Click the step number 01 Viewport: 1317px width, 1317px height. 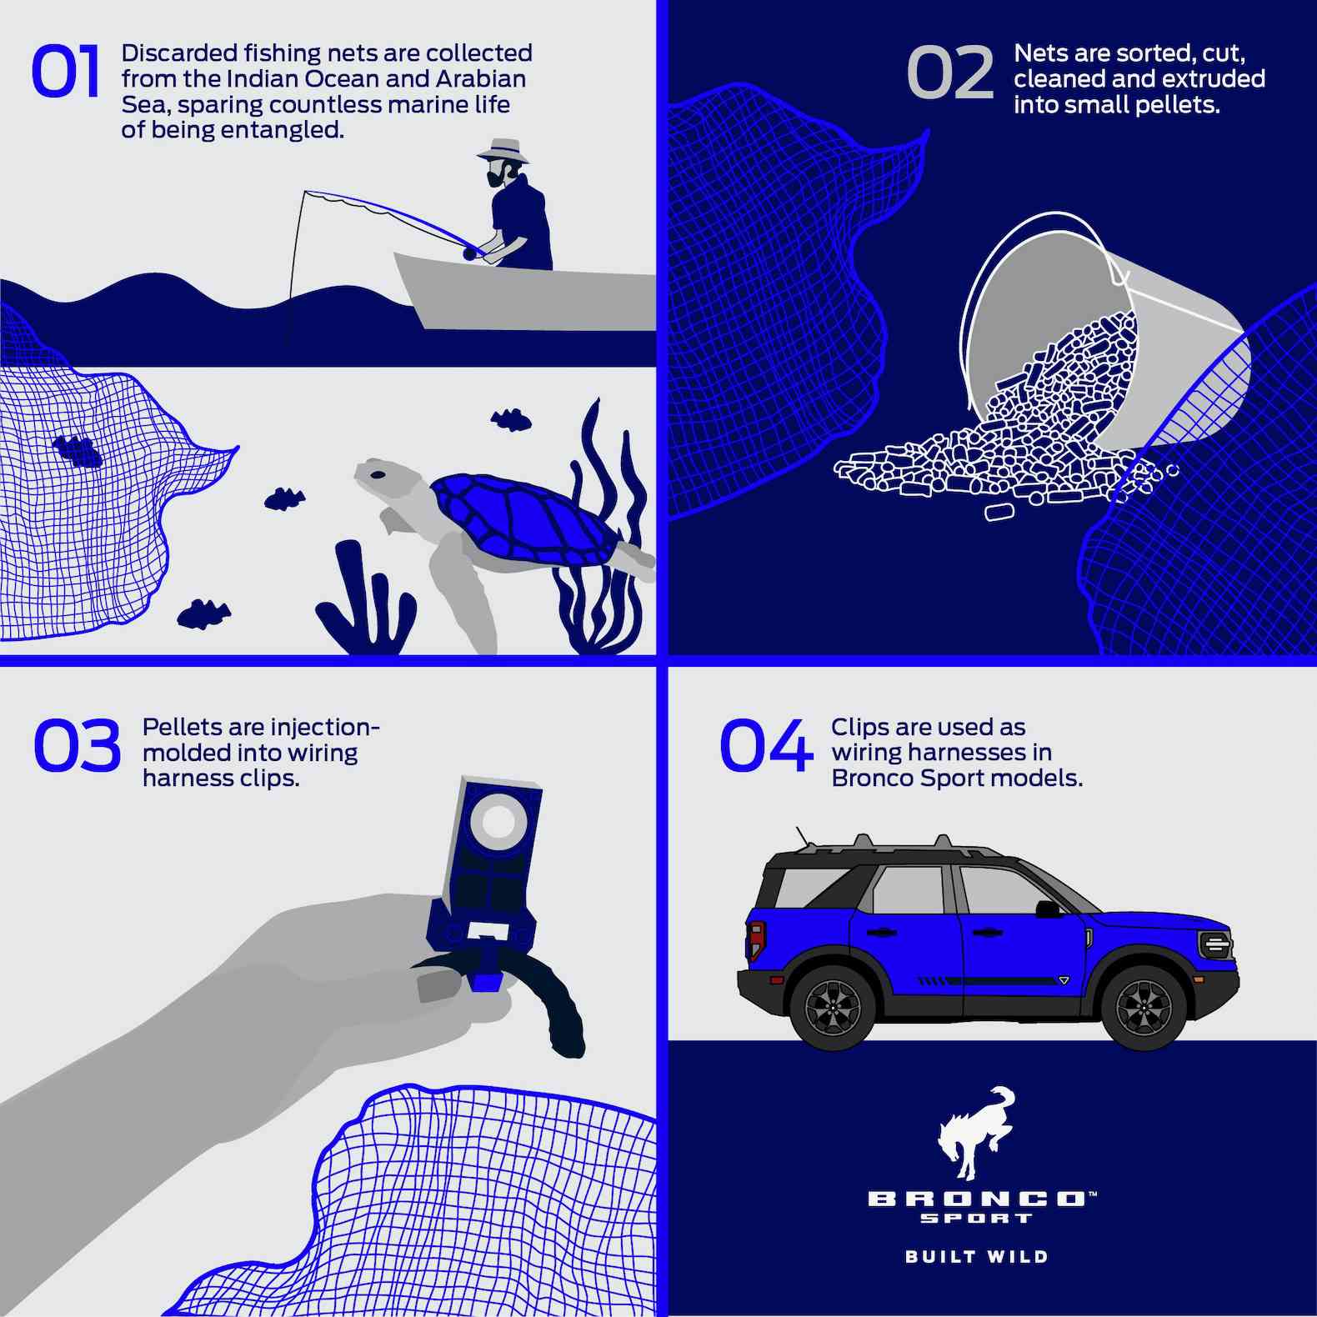coord(65,72)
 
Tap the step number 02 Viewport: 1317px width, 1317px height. coord(950,73)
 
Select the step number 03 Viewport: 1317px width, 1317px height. coord(77,745)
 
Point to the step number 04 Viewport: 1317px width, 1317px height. coord(766,745)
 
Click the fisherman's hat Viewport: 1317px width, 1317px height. coord(503,150)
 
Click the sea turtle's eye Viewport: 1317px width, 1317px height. coord(378,474)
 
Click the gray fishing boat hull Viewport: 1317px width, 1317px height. coord(525,293)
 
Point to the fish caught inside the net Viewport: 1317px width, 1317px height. coord(78,451)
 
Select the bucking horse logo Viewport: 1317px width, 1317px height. coord(976,1133)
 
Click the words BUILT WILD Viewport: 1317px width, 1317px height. coord(976,1255)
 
